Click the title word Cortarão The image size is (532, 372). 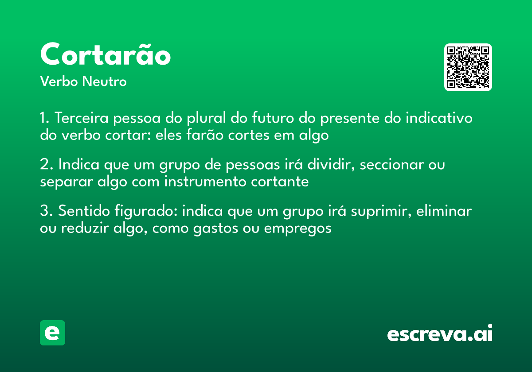pos(106,55)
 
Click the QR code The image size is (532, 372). pos(468,67)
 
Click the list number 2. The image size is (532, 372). pos(45,165)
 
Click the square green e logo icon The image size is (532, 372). pos(52,333)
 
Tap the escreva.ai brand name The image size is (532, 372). pos(440,334)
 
